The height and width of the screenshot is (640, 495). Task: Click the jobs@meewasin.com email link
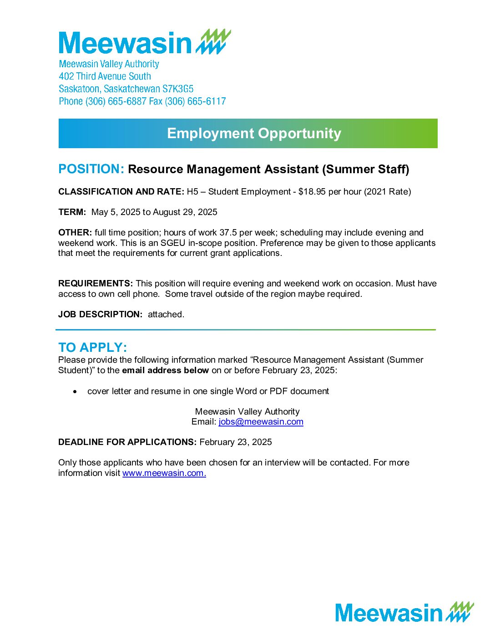[261, 422]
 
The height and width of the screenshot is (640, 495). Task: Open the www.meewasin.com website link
[164, 473]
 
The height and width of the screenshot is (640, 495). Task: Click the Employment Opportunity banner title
[254, 133]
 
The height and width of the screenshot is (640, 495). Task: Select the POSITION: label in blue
[91, 169]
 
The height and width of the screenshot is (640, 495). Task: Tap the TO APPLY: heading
[92, 347]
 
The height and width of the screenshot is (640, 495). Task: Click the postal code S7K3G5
[178, 89]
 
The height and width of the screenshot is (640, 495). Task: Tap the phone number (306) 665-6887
[116, 101]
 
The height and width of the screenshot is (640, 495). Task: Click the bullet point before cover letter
[75, 391]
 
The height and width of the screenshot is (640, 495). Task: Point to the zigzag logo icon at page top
[214, 42]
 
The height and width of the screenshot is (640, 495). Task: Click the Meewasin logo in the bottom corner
[404, 612]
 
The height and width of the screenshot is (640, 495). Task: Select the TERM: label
[72, 212]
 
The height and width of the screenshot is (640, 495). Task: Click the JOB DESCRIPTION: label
[100, 315]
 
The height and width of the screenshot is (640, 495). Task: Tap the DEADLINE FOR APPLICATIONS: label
[127, 442]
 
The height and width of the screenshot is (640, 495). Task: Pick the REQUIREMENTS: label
[96, 284]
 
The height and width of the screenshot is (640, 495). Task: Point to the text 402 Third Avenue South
[105, 76]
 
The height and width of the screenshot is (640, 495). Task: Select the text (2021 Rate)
[387, 192]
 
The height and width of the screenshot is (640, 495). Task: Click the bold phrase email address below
[165, 370]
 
